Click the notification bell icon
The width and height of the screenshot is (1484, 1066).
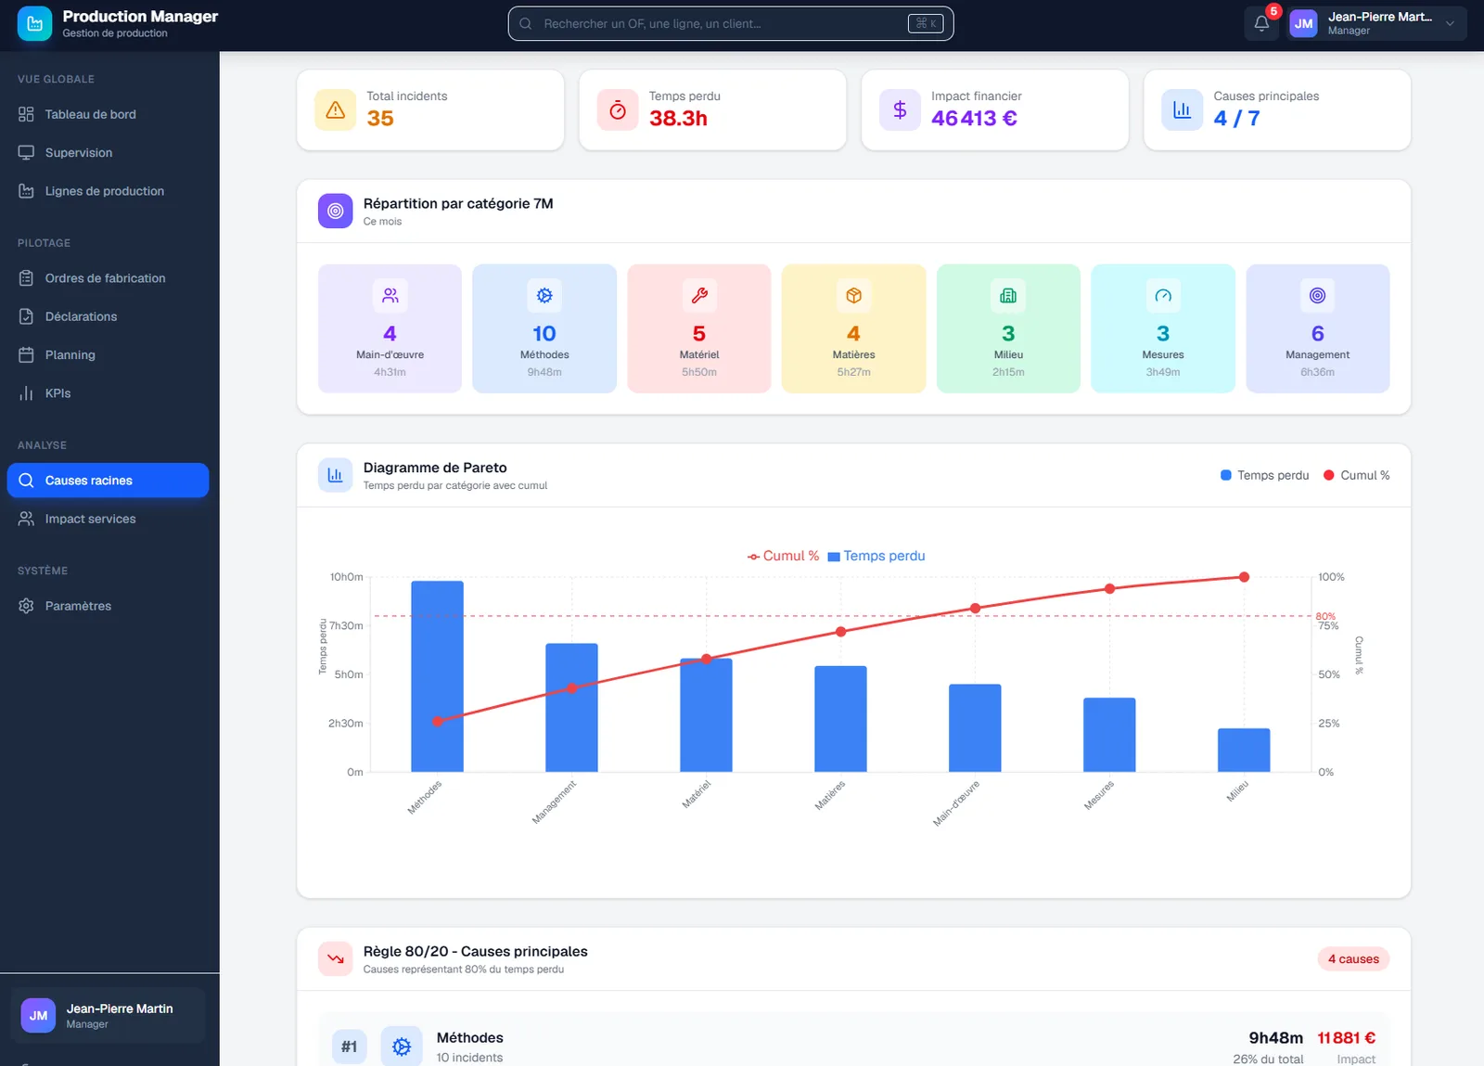[x=1261, y=24]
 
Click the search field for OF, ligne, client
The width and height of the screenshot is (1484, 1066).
[x=731, y=24]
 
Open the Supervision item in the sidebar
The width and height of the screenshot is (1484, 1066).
[x=78, y=152]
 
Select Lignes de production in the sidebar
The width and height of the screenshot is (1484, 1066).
[x=104, y=191]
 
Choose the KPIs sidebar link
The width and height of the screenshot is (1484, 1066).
[x=58, y=392]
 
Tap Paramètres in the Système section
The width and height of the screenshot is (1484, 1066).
[x=78, y=606]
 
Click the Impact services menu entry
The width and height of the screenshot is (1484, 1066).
[x=90, y=519]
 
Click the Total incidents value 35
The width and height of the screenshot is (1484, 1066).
[x=380, y=118]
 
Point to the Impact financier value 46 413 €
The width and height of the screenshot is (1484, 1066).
[x=974, y=118]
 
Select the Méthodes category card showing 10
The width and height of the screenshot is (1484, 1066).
[x=544, y=328]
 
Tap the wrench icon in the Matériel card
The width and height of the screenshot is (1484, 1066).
[x=699, y=295]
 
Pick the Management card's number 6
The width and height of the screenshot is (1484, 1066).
[x=1317, y=333]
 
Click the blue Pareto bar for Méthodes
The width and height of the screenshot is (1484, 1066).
[x=437, y=676]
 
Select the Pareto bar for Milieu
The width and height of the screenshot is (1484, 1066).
[x=1244, y=750]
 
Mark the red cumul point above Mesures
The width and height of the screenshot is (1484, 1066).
[x=1109, y=588]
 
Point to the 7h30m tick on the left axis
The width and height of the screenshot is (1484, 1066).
[x=347, y=625]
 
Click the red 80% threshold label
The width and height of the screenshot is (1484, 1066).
[x=1325, y=616]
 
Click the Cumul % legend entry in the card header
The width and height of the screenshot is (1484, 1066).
[x=1356, y=475]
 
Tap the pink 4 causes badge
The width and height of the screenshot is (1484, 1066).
[x=1353, y=958]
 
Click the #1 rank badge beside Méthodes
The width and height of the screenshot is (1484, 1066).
[x=349, y=1047]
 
